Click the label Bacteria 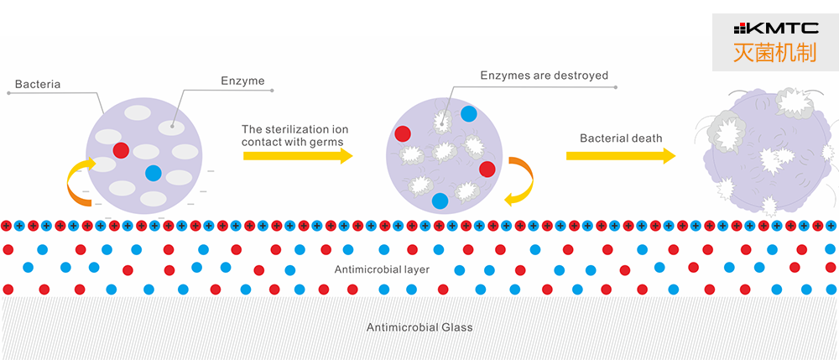pyautogui.click(x=38, y=85)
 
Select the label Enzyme pyautogui.click(x=242, y=81)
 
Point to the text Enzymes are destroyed pyautogui.click(x=544, y=76)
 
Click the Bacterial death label pyautogui.click(x=621, y=138)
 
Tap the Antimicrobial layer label pyautogui.click(x=382, y=269)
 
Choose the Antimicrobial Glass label pyautogui.click(x=419, y=327)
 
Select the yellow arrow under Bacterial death pyautogui.click(x=621, y=155)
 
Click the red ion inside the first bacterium pyautogui.click(x=121, y=150)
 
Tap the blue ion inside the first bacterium pyautogui.click(x=153, y=173)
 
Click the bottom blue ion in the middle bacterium pyautogui.click(x=440, y=201)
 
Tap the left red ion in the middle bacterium pyautogui.click(x=403, y=133)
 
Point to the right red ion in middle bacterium pyautogui.click(x=487, y=169)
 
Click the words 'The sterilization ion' pyautogui.click(x=294, y=129)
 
